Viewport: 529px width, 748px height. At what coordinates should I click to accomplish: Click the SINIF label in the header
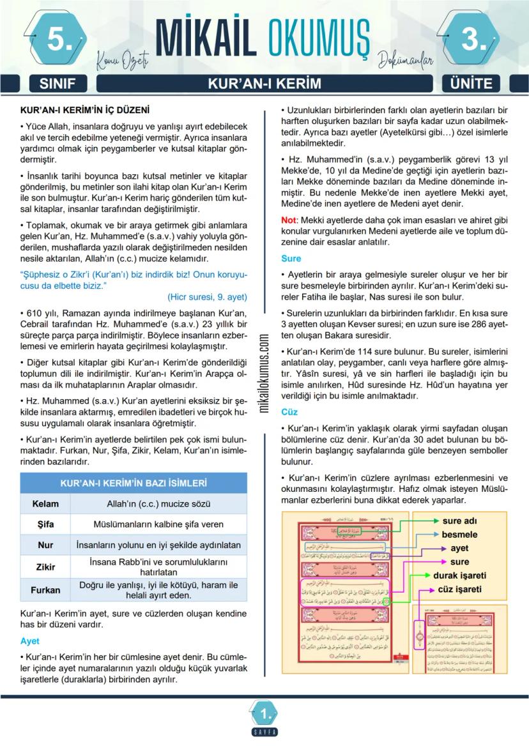tap(57, 84)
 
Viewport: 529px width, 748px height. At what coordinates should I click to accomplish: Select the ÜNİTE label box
tap(471, 84)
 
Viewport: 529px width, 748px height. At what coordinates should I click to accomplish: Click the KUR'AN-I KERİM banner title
tap(264, 84)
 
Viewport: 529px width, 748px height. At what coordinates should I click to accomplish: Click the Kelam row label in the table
tap(45, 503)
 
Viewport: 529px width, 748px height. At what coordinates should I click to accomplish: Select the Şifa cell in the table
tap(45, 524)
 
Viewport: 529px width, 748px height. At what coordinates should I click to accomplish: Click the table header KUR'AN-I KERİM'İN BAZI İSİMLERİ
tap(134, 483)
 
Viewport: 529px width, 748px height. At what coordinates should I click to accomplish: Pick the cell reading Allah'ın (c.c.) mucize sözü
tap(158, 503)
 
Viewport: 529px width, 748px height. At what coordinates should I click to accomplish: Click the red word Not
tap(288, 219)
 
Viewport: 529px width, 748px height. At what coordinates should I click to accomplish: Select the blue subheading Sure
tap(291, 259)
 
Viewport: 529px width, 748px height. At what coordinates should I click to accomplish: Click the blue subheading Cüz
tap(289, 412)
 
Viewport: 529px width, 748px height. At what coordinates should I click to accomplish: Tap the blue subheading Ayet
tap(29, 640)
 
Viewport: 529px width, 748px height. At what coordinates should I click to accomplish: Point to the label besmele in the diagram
tap(459, 534)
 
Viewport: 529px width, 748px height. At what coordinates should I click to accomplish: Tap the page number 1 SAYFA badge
tap(264, 715)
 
